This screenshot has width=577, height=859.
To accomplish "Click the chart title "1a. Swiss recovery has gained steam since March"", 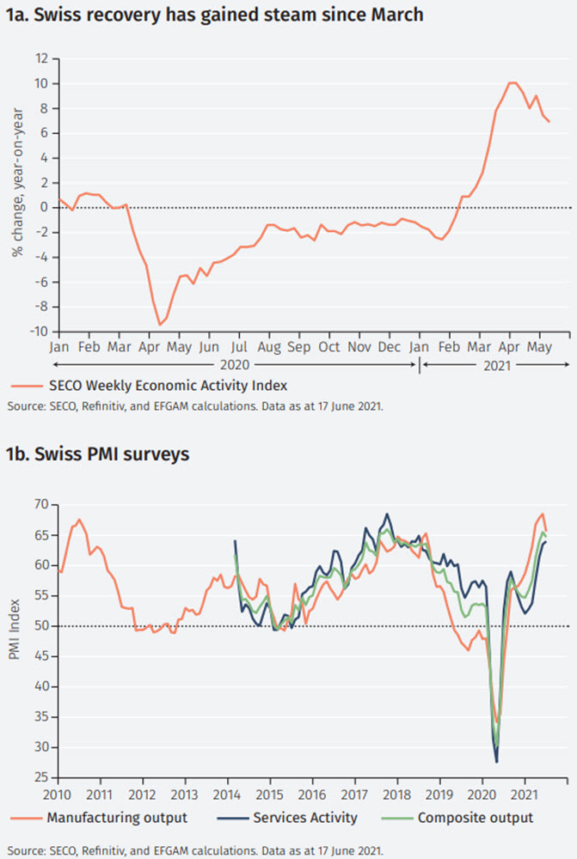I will (x=216, y=15).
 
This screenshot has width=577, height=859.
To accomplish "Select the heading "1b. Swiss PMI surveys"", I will (x=97, y=454).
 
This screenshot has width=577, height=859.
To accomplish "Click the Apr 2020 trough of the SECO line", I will (x=159, y=324).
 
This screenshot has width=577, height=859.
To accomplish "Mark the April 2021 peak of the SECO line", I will (x=513, y=82).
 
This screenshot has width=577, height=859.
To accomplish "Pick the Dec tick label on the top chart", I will (x=389, y=347).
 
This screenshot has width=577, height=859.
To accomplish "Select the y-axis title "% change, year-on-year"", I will (x=16, y=196).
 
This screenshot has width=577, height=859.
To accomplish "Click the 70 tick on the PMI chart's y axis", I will (x=40, y=504).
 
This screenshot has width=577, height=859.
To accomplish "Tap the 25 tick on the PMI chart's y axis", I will (x=40, y=777).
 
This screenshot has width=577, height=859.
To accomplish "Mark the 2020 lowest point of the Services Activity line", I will (x=497, y=761).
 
